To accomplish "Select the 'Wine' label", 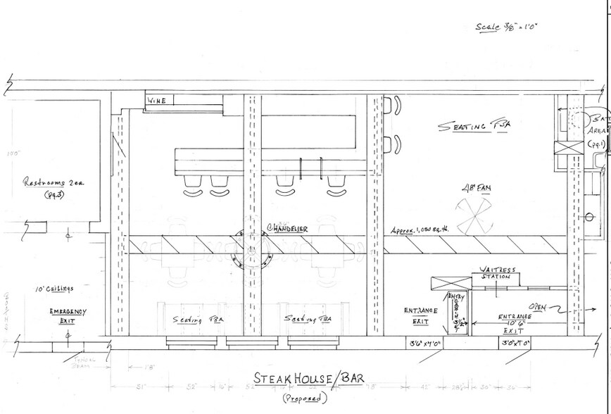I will [x=157, y=101].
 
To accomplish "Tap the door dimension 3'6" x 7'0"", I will [x=425, y=344].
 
